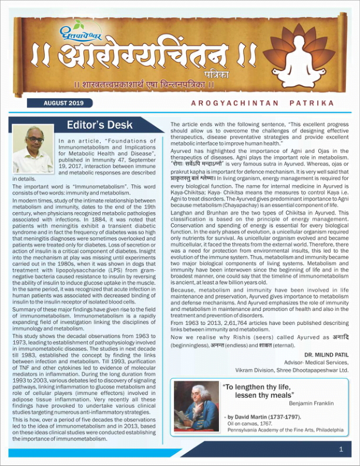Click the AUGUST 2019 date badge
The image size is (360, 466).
click(x=64, y=103)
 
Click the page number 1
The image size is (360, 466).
click(x=341, y=449)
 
